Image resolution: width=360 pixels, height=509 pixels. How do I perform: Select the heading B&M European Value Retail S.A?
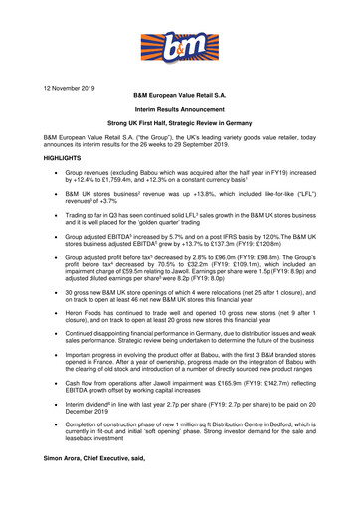coord(179,100)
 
